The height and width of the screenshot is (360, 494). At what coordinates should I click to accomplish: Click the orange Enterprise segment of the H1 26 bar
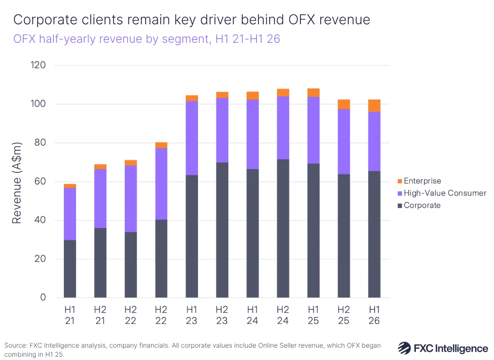(374, 106)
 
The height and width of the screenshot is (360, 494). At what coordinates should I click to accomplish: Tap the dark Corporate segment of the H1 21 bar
(70, 269)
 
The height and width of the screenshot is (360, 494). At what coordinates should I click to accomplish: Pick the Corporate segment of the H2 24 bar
(283, 228)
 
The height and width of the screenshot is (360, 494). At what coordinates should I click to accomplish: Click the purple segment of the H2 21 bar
(100, 198)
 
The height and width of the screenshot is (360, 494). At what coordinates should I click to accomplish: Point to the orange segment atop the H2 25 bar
(344, 104)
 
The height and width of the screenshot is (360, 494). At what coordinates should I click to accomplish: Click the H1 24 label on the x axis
(252, 315)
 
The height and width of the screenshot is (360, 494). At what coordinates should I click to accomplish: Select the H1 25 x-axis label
(313, 315)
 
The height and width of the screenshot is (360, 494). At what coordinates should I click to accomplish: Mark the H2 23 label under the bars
(222, 315)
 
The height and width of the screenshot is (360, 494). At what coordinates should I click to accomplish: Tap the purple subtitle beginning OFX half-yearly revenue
(146, 39)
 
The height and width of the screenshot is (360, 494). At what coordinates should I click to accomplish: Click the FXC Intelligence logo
(443, 348)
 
